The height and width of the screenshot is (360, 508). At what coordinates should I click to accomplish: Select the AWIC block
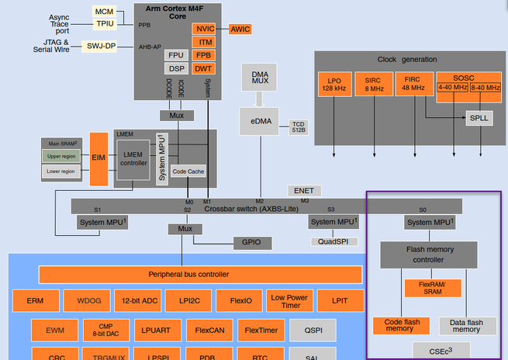pos(240,29)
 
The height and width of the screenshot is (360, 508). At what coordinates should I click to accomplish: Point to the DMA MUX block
pos(260,78)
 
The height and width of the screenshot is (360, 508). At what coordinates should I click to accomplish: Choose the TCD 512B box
pos(299,126)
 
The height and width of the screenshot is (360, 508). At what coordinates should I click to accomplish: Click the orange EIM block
pos(98,158)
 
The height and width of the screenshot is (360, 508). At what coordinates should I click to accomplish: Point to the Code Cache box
pos(188,171)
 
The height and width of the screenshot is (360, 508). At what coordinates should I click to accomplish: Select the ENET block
pos(303,190)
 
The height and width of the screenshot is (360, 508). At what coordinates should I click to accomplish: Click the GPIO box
pos(253,243)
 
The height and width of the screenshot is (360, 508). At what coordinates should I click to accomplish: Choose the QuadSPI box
pos(334,241)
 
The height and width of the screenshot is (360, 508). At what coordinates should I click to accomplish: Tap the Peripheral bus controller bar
pos(199,275)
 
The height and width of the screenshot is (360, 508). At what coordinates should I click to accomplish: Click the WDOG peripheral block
pos(88,300)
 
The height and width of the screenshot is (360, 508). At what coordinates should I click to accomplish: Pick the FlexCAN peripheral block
pos(209,331)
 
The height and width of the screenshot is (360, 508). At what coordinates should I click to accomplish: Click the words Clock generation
pos(406,59)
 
